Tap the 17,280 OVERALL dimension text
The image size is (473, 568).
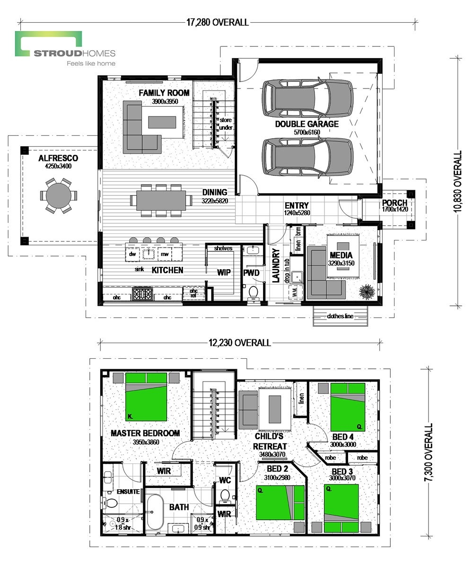(x=218, y=22)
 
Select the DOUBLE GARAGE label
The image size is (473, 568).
(x=307, y=124)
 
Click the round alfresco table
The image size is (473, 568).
(x=59, y=195)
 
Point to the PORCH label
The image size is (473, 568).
(x=394, y=203)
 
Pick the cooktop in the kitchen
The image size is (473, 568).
(x=143, y=295)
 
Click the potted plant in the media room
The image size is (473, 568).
(x=367, y=292)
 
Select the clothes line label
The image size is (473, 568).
(x=340, y=317)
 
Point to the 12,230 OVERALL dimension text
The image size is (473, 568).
(x=240, y=343)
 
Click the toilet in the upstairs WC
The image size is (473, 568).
(x=225, y=495)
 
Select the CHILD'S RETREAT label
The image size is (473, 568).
(x=270, y=441)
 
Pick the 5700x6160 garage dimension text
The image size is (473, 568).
(x=307, y=133)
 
